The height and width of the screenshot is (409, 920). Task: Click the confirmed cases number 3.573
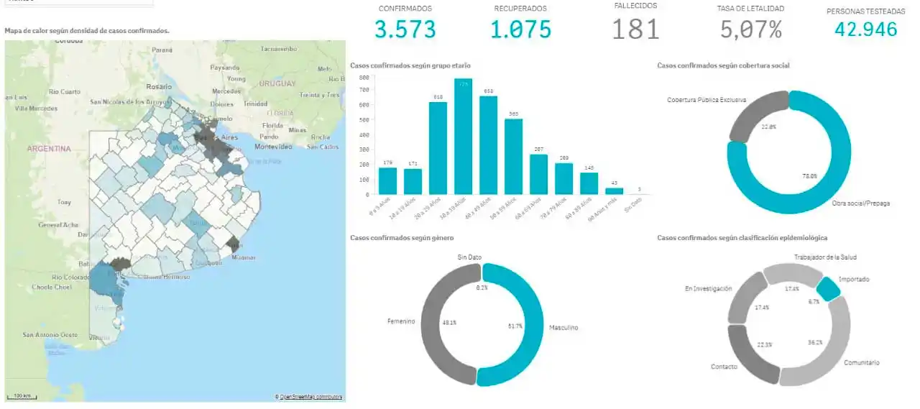(x=405, y=29)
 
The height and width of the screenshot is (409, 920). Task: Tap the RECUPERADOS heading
(x=520, y=9)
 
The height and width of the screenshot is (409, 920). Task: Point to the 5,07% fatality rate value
(x=750, y=29)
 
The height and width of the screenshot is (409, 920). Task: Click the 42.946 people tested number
(x=865, y=29)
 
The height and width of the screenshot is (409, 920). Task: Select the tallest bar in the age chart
(x=463, y=137)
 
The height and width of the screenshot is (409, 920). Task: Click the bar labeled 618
(x=438, y=148)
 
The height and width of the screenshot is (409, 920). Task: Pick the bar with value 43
(x=614, y=190)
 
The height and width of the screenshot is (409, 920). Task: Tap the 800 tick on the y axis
(x=364, y=77)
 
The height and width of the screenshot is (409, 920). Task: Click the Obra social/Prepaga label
(x=860, y=203)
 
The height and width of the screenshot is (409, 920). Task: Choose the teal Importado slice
(x=828, y=289)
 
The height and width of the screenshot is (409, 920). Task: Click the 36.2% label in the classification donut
(x=814, y=342)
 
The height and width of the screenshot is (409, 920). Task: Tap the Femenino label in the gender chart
(x=400, y=321)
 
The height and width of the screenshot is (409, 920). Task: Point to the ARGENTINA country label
(x=49, y=149)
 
